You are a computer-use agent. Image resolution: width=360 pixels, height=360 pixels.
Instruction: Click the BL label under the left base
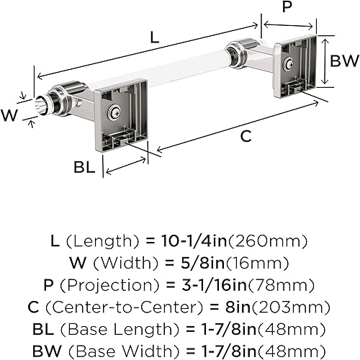click(84, 166)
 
